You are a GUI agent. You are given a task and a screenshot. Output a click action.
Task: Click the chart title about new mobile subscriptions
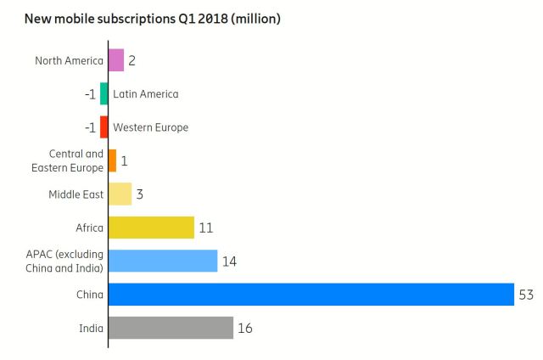[x=153, y=18]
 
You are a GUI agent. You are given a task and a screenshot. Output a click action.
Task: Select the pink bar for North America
[x=116, y=60]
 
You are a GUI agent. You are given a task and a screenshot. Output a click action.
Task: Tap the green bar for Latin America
[x=104, y=93]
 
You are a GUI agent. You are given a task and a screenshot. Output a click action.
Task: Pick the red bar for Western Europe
[x=104, y=127]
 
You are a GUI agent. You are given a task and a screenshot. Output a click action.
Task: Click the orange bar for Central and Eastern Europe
[x=112, y=160]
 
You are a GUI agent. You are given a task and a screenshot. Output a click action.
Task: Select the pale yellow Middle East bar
[x=120, y=194]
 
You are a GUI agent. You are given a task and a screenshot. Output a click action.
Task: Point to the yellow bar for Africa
[x=151, y=228]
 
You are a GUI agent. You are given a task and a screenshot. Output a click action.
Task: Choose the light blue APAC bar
[x=163, y=261]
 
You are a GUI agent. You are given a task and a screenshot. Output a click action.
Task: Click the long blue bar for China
[x=311, y=295]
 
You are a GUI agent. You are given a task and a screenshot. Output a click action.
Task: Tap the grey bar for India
[x=171, y=328]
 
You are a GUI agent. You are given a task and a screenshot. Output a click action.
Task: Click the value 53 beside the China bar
[x=527, y=295]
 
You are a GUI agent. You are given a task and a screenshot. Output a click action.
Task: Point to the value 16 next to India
[x=245, y=328]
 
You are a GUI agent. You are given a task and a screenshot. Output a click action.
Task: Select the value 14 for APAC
[x=229, y=261]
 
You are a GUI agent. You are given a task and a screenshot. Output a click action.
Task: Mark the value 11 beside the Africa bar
[x=205, y=228]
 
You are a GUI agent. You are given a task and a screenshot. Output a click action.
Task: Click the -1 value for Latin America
[x=90, y=93]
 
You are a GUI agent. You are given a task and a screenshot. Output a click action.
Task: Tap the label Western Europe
[x=150, y=127]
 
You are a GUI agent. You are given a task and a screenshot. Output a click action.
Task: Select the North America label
[x=69, y=60]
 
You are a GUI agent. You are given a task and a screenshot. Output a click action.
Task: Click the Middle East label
[x=76, y=194]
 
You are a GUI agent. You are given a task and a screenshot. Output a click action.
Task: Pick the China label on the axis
[x=89, y=295]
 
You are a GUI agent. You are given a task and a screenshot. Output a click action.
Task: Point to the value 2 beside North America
[x=132, y=60]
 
